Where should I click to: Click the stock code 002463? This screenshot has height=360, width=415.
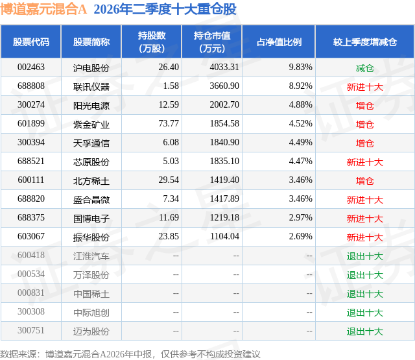(31, 67)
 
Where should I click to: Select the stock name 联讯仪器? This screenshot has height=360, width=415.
(91, 86)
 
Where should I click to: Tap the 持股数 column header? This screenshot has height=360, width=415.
(152, 42)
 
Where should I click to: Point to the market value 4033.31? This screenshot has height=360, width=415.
(224, 67)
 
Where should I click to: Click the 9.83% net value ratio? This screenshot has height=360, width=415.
(300, 67)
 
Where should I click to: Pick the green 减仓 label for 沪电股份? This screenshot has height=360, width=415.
(364, 68)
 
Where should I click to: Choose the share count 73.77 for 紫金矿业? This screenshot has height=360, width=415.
(169, 124)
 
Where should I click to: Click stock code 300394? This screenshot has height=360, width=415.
(31, 143)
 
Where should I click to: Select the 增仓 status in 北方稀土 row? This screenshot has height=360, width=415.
(364, 181)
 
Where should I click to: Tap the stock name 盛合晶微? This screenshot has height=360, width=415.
(91, 200)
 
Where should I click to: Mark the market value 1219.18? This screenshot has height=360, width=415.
(224, 217)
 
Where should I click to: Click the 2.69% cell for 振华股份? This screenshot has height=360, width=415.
(300, 236)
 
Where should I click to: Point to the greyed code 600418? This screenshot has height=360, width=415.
(31, 255)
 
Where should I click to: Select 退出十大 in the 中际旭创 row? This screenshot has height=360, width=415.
(364, 313)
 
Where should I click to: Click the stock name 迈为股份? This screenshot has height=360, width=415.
(91, 331)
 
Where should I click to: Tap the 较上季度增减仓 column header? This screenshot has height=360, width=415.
(364, 42)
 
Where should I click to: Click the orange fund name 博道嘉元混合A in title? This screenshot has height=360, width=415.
(43, 9)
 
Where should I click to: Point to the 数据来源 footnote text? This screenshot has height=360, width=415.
(130, 354)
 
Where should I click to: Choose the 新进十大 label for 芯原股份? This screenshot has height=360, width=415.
(364, 162)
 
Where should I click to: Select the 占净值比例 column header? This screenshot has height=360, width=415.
(279, 42)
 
